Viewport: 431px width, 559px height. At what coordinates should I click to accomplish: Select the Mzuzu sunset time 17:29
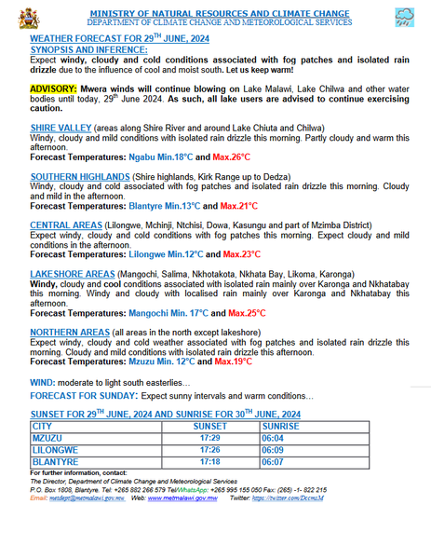[209, 436]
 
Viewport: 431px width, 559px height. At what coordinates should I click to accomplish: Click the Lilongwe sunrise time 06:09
[273, 448]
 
